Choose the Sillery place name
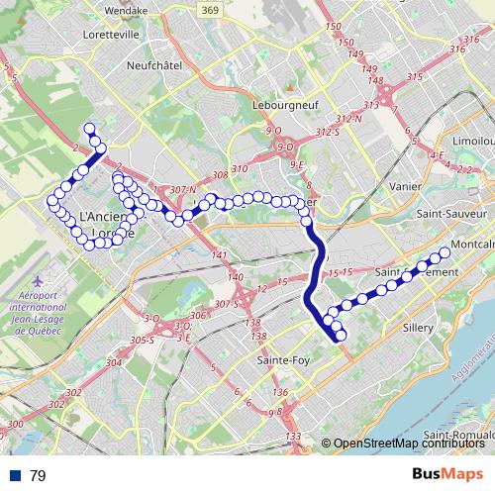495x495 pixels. coord(419,326)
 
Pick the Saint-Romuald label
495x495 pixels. coord(458,436)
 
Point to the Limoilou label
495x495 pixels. coord(473,142)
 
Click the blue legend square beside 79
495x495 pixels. coord(14,476)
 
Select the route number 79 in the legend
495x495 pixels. coord(38,476)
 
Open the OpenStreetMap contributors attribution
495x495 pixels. coord(410,444)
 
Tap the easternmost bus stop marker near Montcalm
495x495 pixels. coord(445,252)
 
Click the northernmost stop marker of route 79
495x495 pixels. coord(90,128)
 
